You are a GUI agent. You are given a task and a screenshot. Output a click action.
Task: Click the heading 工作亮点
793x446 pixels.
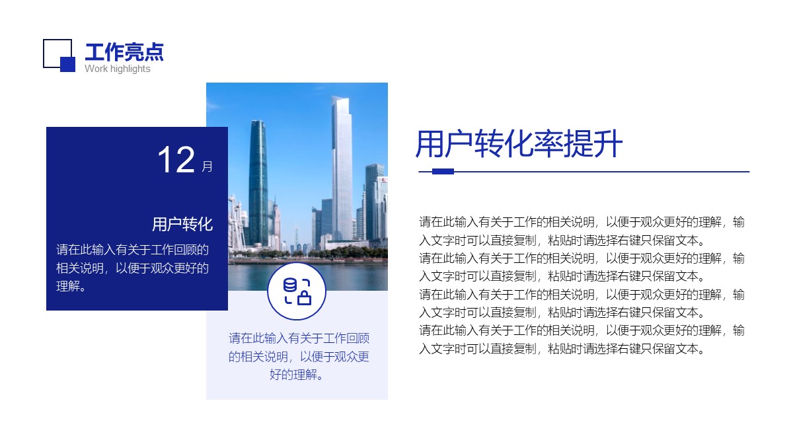click(124, 52)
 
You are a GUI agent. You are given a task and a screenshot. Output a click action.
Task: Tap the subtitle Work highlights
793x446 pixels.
click(118, 69)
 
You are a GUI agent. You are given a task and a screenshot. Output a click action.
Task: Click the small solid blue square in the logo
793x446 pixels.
click(67, 64)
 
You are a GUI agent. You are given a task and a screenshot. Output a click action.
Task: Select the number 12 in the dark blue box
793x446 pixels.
click(176, 160)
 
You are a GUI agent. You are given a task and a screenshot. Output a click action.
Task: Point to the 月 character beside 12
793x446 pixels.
click(207, 166)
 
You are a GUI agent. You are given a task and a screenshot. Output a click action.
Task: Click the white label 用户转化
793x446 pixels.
click(182, 224)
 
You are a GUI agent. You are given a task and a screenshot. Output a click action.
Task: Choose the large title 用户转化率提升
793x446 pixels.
click(519, 143)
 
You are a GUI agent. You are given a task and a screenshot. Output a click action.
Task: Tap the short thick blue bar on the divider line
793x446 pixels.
click(443, 172)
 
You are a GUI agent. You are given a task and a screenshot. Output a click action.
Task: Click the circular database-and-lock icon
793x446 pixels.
click(297, 291)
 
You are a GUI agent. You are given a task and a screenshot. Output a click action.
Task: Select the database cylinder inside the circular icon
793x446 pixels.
click(290, 285)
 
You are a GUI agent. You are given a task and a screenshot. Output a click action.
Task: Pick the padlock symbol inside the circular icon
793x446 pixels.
click(304, 297)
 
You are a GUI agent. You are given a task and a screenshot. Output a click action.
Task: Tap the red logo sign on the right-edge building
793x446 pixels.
click(383, 180)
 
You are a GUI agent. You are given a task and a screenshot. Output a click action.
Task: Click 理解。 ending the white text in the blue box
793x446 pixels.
click(71, 286)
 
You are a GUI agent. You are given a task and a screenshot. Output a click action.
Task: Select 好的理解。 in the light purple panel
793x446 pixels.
click(297, 375)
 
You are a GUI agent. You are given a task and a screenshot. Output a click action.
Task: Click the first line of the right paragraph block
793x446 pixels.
click(582, 222)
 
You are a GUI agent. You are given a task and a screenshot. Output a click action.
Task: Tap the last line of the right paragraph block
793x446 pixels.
click(562, 349)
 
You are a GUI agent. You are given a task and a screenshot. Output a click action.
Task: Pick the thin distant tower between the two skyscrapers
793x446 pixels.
click(297, 235)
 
